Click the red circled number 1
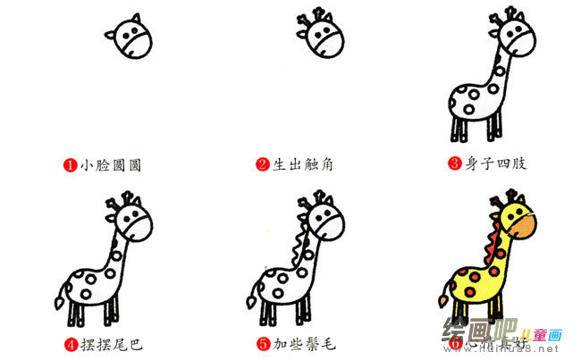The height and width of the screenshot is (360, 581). coord(70,164)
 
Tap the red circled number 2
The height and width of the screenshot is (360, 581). coord(262,164)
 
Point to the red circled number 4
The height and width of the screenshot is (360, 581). coord(70,342)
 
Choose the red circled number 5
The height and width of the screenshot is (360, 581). coord(262,342)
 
